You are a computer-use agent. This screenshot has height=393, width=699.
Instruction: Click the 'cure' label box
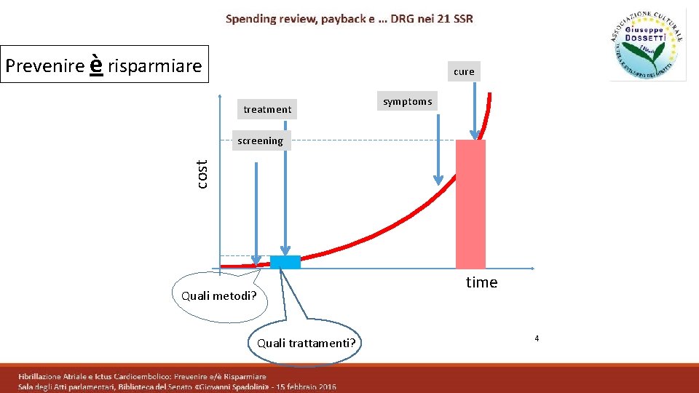464,71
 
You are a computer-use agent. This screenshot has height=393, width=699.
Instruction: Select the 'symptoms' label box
408,102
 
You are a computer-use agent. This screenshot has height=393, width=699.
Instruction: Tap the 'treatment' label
267,109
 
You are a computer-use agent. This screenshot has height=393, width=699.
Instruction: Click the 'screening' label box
260,140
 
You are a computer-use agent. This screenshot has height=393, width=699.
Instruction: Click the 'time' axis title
481,282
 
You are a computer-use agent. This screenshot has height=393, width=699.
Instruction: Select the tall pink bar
470,204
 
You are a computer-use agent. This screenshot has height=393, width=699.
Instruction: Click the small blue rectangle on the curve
285,262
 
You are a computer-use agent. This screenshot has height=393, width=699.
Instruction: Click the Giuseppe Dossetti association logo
647,45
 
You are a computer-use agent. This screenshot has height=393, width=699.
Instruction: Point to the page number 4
537,338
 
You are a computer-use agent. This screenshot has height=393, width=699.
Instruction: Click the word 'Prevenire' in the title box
44,66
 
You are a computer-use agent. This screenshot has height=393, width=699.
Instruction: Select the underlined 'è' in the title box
95,65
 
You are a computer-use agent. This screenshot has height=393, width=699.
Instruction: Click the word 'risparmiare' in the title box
154,66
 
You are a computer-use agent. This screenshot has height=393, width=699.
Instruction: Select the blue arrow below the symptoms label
438,146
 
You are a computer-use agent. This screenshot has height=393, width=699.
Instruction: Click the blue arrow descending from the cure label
475,109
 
